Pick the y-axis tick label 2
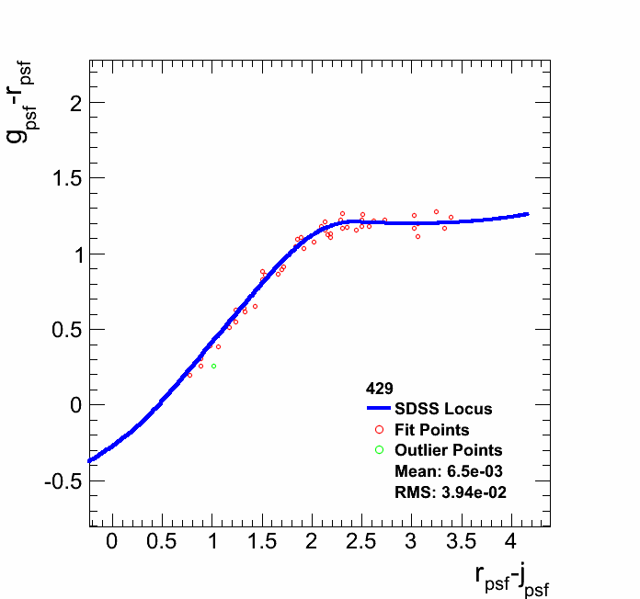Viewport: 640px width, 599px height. point(74,103)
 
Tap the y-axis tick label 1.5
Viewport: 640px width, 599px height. point(63,178)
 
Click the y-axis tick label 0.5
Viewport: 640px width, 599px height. point(63,330)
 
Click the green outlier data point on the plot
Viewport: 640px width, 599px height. point(213,366)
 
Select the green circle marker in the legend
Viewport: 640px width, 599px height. point(379,450)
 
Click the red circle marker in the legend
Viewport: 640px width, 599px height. point(379,430)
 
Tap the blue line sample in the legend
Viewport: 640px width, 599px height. point(379,409)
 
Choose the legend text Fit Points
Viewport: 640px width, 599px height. point(432,430)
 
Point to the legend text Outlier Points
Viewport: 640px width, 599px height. point(449,450)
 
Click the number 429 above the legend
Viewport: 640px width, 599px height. point(379,388)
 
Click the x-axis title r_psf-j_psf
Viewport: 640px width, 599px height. point(512,578)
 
